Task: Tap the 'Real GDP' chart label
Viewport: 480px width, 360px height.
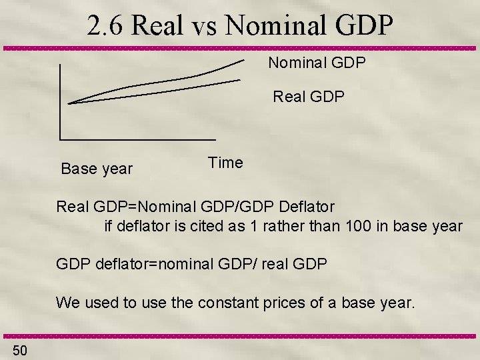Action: pyautogui.click(x=309, y=97)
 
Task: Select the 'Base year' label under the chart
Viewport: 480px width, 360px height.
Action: pyautogui.click(x=97, y=169)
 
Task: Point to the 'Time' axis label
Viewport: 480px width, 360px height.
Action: pyautogui.click(x=225, y=162)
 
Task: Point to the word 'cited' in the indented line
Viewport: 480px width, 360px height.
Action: pyautogui.click(x=201, y=225)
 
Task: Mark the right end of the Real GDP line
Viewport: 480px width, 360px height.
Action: pyautogui.click(x=239, y=80)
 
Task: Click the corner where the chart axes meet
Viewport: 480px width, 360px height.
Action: pyautogui.click(x=60, y=139)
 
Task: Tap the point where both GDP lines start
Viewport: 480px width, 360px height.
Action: pyautogui.click(x=69, y=103)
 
